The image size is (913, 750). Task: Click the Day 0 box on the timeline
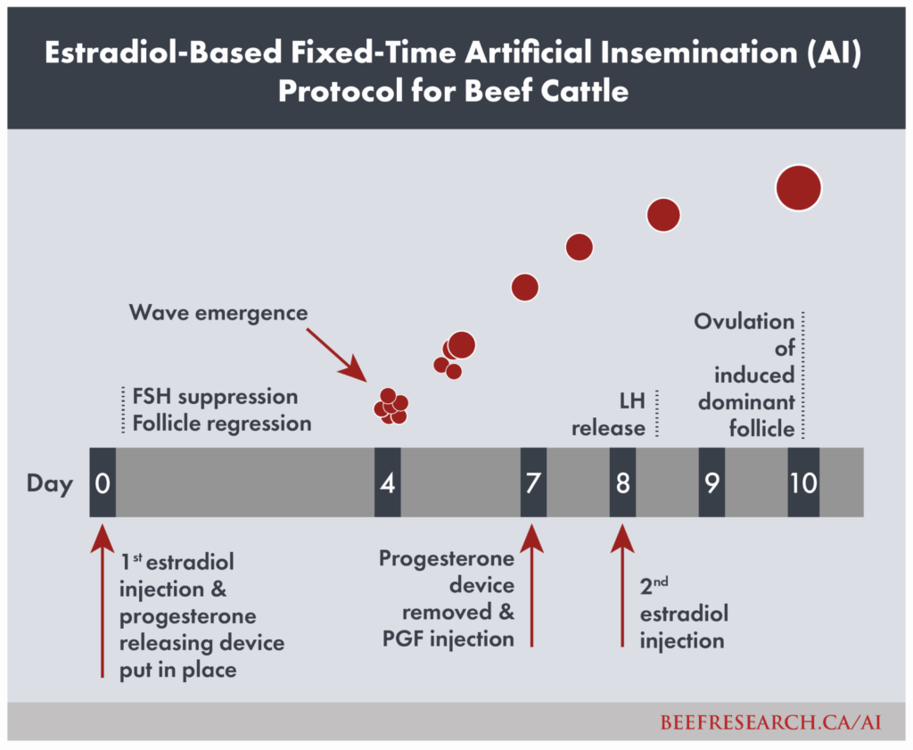point(103,482)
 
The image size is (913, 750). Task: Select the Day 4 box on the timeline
point(387,482)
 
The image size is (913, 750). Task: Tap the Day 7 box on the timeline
point(533,482)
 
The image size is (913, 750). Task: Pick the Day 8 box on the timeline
point(622,482)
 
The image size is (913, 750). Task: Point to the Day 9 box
point(711,482)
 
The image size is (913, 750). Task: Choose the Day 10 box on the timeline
point(803,482)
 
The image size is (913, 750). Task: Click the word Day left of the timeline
point(50,484)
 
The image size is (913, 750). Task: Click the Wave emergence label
point(218,313)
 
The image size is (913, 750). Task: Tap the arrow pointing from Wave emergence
point(337,355)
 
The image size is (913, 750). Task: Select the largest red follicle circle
point(799,188)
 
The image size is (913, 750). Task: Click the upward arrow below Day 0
point(103,601)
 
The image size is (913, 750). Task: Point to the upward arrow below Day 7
point(531,585)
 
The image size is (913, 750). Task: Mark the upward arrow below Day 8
point(622,585)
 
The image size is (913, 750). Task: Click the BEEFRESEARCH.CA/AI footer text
point(771,722)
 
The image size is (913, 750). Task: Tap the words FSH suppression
point(215,397)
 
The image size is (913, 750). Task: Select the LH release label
point(608,414)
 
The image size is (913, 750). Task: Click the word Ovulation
point(744,321)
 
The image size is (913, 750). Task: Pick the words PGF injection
point(448,639)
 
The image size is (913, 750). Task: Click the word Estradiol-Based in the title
point(164,53)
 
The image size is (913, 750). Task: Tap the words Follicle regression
point(222,424)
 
